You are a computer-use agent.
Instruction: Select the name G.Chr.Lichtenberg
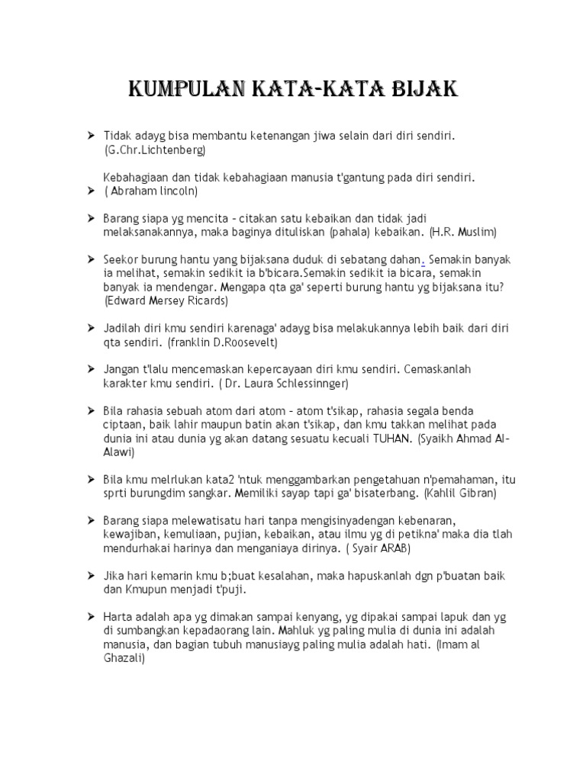(156, 150)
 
